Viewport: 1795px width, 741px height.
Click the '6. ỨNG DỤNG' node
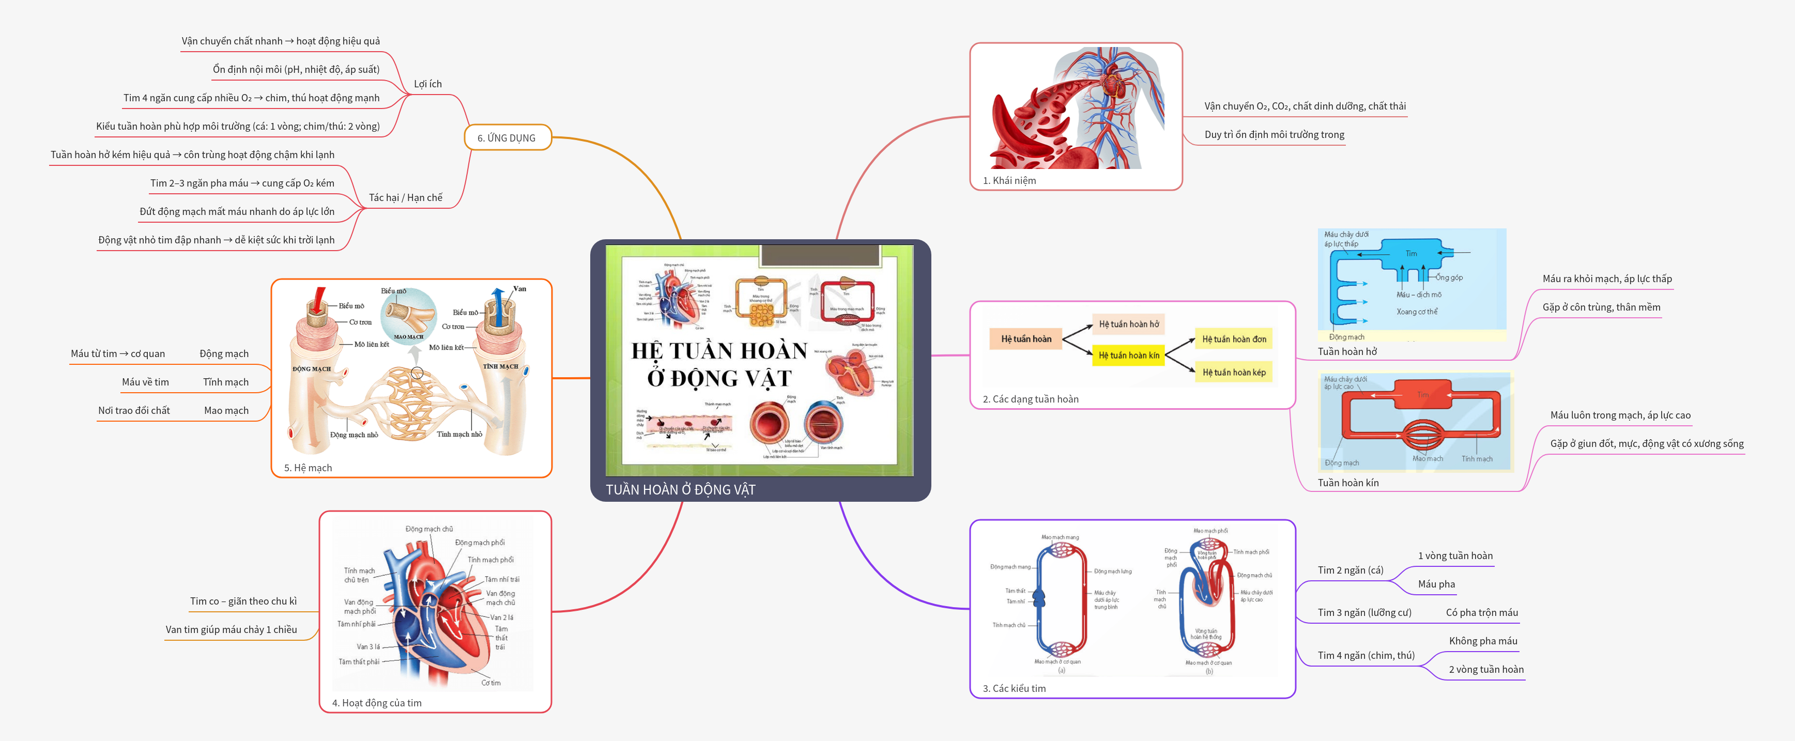(x=507, y=138)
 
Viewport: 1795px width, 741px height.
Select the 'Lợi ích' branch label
(x=427, y=84)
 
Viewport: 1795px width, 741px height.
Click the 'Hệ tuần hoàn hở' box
(x=1129, y=324)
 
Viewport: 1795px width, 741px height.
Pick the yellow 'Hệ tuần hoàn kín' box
(x=1129, y=355)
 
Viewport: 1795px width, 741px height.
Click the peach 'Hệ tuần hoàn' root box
(x=1026, y=339)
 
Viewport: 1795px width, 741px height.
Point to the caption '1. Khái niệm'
(x=1009, y=180)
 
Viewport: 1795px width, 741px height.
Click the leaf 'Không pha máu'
(x=1483, y=641)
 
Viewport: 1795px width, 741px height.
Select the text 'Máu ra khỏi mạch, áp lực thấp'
(x=1607, y=279)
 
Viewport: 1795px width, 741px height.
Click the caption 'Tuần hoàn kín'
(x=1347, y=483)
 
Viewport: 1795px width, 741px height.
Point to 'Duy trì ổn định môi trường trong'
(x=1274, y=134)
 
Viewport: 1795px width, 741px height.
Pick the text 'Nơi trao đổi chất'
(x=134, y=410)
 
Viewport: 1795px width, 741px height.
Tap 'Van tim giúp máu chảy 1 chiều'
(x=231, y=629)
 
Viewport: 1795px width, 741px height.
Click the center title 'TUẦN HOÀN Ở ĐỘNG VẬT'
(x=680, y=489)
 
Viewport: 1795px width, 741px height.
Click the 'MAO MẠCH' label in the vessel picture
(x=408, y=337)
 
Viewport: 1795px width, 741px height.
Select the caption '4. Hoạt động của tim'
(x=376, y=703)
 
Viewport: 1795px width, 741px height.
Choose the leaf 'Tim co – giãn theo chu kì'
(x=243, y=601)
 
